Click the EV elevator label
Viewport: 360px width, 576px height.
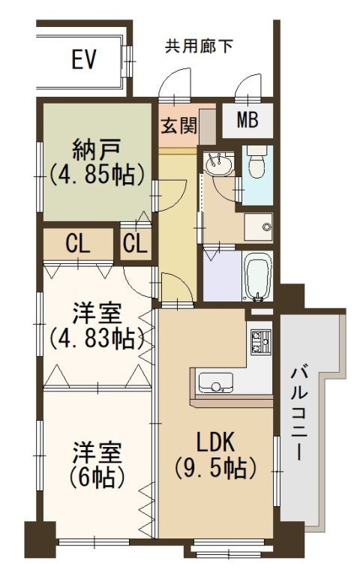pyautogui.click(x=84, y=59)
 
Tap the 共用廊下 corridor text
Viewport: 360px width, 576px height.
pyautogui.click(x=198, y=46)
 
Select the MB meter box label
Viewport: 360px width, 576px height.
pyautogui.click(x=247, y=119)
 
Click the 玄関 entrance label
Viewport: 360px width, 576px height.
pyautogui.click(x=179, y=126)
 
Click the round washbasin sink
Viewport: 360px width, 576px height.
pyautogui.click(x=219, y=163)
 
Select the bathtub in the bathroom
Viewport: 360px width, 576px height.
pyautogui.click(x=259, y=276)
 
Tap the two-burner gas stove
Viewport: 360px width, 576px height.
pyautogui.click(x=260, y=341)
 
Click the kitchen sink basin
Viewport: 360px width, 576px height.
pyautogui.click(x=216, y=382)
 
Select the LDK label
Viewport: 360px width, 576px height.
pyautogui.click(x=216, y=442)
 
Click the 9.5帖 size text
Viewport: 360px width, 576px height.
pyautogui.click(x=215, y=468)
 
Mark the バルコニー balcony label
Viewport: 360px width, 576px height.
pyautogui.click(x=300, y=413)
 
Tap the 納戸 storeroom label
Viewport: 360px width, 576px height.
pyautogui.click(x=97, y=148)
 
